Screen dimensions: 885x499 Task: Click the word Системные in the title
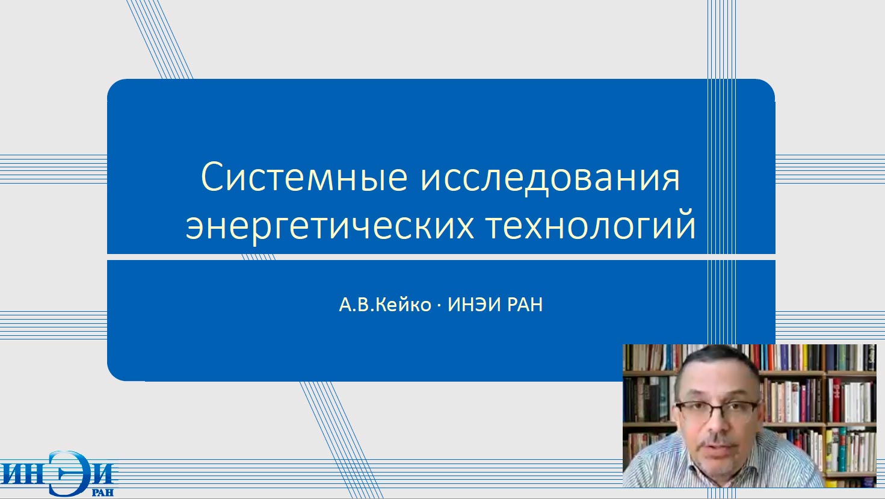304,177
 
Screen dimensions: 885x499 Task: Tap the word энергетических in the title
330,227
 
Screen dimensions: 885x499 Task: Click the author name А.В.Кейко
385,305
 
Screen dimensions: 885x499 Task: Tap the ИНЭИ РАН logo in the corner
60,474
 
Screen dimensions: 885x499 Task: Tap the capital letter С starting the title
212,177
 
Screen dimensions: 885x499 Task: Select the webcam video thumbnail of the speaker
750,415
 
